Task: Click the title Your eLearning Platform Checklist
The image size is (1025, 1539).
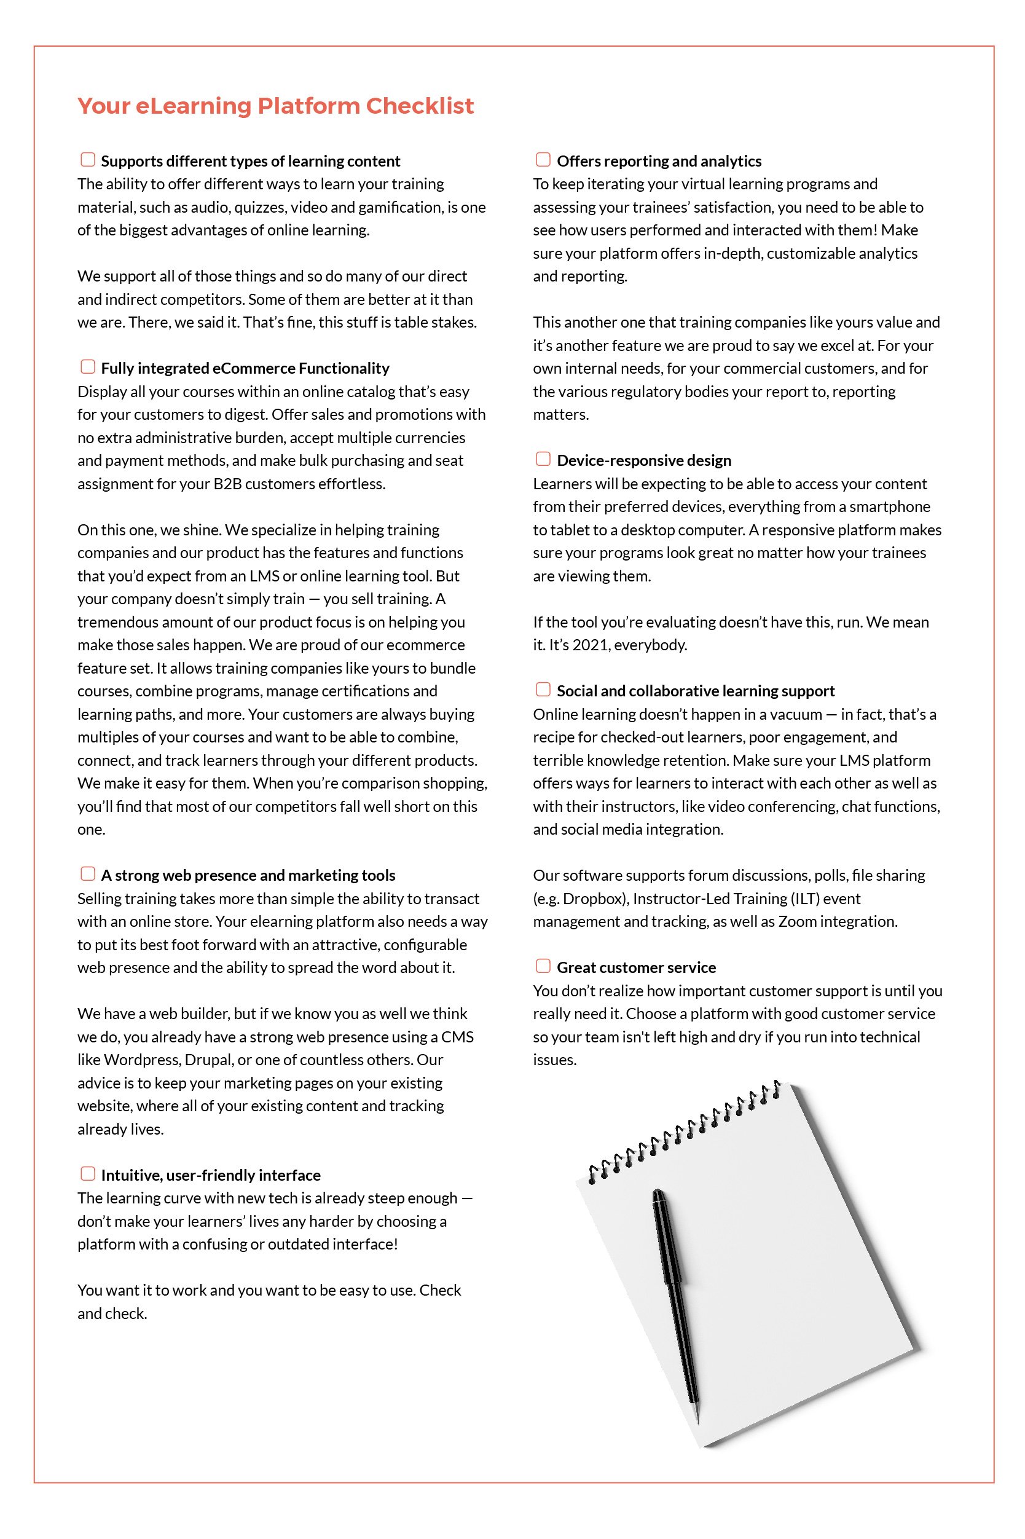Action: coord(275,106)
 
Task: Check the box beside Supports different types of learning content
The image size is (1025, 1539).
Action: coord(88,160)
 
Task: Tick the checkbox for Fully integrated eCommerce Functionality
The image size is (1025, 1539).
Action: coord(88,367)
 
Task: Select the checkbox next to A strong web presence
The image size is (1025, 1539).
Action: coord(88,873)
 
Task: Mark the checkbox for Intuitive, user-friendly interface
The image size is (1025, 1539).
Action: coord(88,1173)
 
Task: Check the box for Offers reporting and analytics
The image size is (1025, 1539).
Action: coord(543,160)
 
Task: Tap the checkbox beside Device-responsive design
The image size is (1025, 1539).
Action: coord(543,459)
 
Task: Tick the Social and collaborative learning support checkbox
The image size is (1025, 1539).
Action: coord(543,689)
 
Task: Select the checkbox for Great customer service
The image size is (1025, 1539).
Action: coord(543,966)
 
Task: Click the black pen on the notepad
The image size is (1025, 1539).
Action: coord(675,1301)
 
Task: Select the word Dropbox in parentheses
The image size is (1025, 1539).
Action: coord(592,899)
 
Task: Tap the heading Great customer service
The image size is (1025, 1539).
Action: coord(636,967)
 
